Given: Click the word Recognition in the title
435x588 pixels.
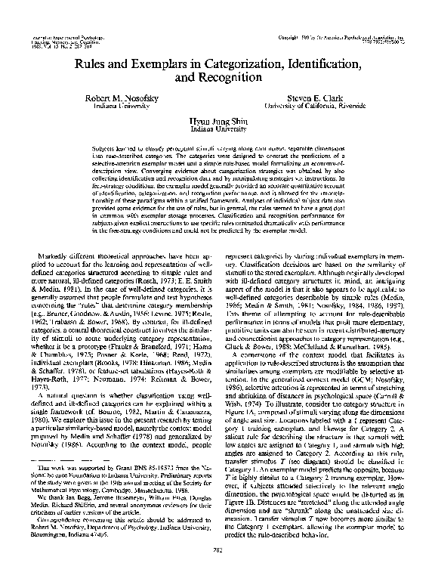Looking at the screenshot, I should click(x=226, y=76).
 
